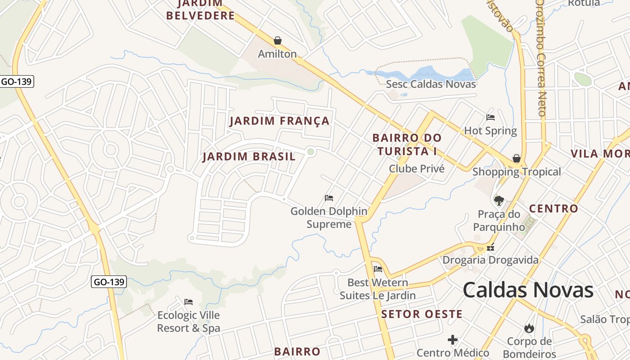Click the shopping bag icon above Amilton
pos(278,41)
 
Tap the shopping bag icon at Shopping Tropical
pos(517,158)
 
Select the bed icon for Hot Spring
pos(490,117)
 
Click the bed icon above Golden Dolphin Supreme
pos(329,198)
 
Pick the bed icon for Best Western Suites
pos(378,269)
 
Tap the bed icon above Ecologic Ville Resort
pos(189,301)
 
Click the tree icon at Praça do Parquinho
pos(499,201)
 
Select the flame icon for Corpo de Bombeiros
pos(529,328)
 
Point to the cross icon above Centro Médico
pos(453,339)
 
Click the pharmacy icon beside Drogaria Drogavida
pos(490,247)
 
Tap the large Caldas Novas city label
pos(528,290)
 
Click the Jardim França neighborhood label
pos(279,121)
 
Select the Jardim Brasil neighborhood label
pos(249,157)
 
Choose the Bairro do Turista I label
pos(407,144)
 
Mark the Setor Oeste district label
pos(422,314)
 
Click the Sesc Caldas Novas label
pos(431,84)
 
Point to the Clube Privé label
pos(416,169)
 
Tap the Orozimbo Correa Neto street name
pos(541,58)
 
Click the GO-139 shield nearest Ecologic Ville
pos(108,282)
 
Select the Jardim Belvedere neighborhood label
pos(200,10)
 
